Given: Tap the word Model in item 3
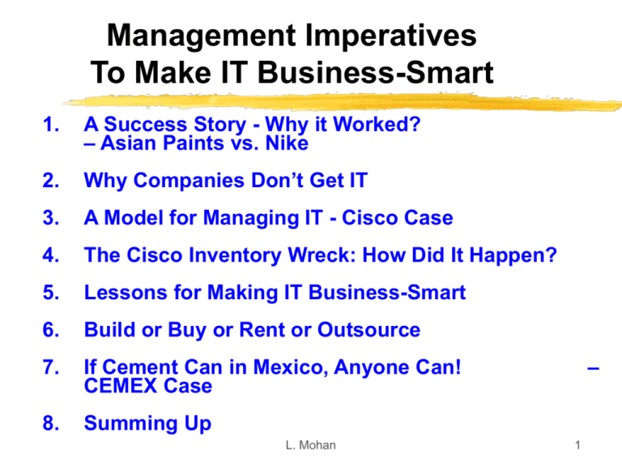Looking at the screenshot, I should (x=136, y=218).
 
